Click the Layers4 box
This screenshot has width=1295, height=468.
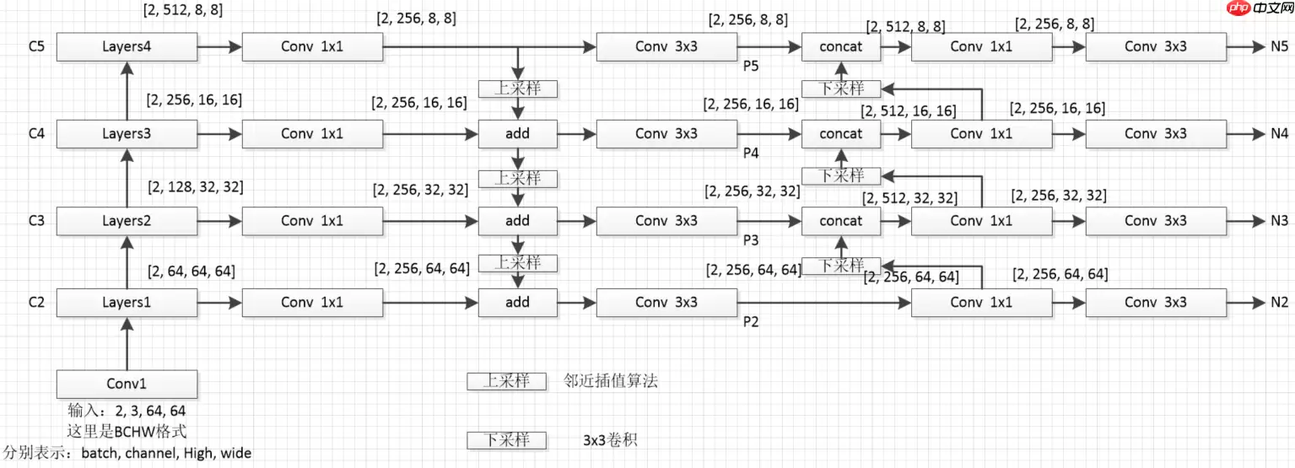127,46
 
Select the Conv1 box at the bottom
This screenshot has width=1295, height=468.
127,384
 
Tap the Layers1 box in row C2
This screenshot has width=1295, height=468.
127,302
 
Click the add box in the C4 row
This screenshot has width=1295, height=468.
517,133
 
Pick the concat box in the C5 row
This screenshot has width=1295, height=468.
840,46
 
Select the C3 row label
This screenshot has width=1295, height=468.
35,221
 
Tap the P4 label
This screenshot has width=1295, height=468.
751,153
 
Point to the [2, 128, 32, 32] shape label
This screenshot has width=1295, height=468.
195,186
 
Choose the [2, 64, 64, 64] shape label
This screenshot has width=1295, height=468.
191,272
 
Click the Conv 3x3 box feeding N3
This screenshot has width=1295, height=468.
1155,221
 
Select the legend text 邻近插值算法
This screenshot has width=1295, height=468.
611,381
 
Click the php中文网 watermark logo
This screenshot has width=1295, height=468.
1258,9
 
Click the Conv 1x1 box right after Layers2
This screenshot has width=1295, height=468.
312,221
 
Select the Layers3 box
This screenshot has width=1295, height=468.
127,133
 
